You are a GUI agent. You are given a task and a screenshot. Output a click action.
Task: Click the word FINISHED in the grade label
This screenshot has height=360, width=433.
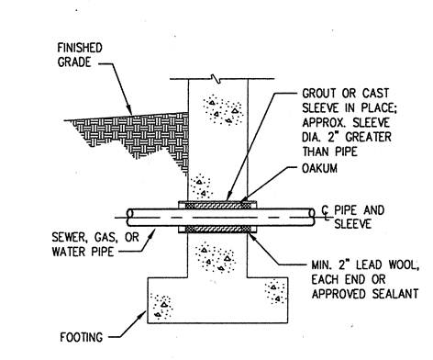click(x=80, y=48)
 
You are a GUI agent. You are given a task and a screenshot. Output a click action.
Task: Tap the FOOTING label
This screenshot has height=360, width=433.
click(x=82, y=337)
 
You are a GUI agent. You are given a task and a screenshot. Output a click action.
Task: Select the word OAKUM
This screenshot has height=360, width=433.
click(x=320, y=168)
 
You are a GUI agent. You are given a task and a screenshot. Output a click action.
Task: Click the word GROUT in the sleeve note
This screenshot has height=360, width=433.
click(x=319, y=94)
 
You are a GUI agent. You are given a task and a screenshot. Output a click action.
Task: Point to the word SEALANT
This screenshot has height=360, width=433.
click(x=395, y=294)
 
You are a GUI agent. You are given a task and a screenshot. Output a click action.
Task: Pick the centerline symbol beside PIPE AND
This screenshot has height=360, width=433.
click(x=326, y=213)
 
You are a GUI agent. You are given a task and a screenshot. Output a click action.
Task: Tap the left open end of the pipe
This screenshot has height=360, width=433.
click(x=130, y=217)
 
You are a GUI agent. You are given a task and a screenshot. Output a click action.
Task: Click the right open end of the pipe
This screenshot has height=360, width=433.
click(x=312, y=217)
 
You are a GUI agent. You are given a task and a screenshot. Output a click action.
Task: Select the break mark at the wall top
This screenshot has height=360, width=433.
click(x=217, y=78)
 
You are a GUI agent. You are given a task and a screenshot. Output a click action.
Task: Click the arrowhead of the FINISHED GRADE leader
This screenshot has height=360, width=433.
click(x=129, y=111)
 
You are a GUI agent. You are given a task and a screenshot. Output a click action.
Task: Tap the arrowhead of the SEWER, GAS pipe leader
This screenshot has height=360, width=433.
click(x=152, y=232)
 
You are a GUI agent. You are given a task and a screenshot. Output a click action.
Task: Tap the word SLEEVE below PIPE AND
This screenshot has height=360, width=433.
click(x=352, y=224)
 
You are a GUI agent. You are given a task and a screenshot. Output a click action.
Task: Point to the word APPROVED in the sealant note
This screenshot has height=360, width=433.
click(x=339, y=294)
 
